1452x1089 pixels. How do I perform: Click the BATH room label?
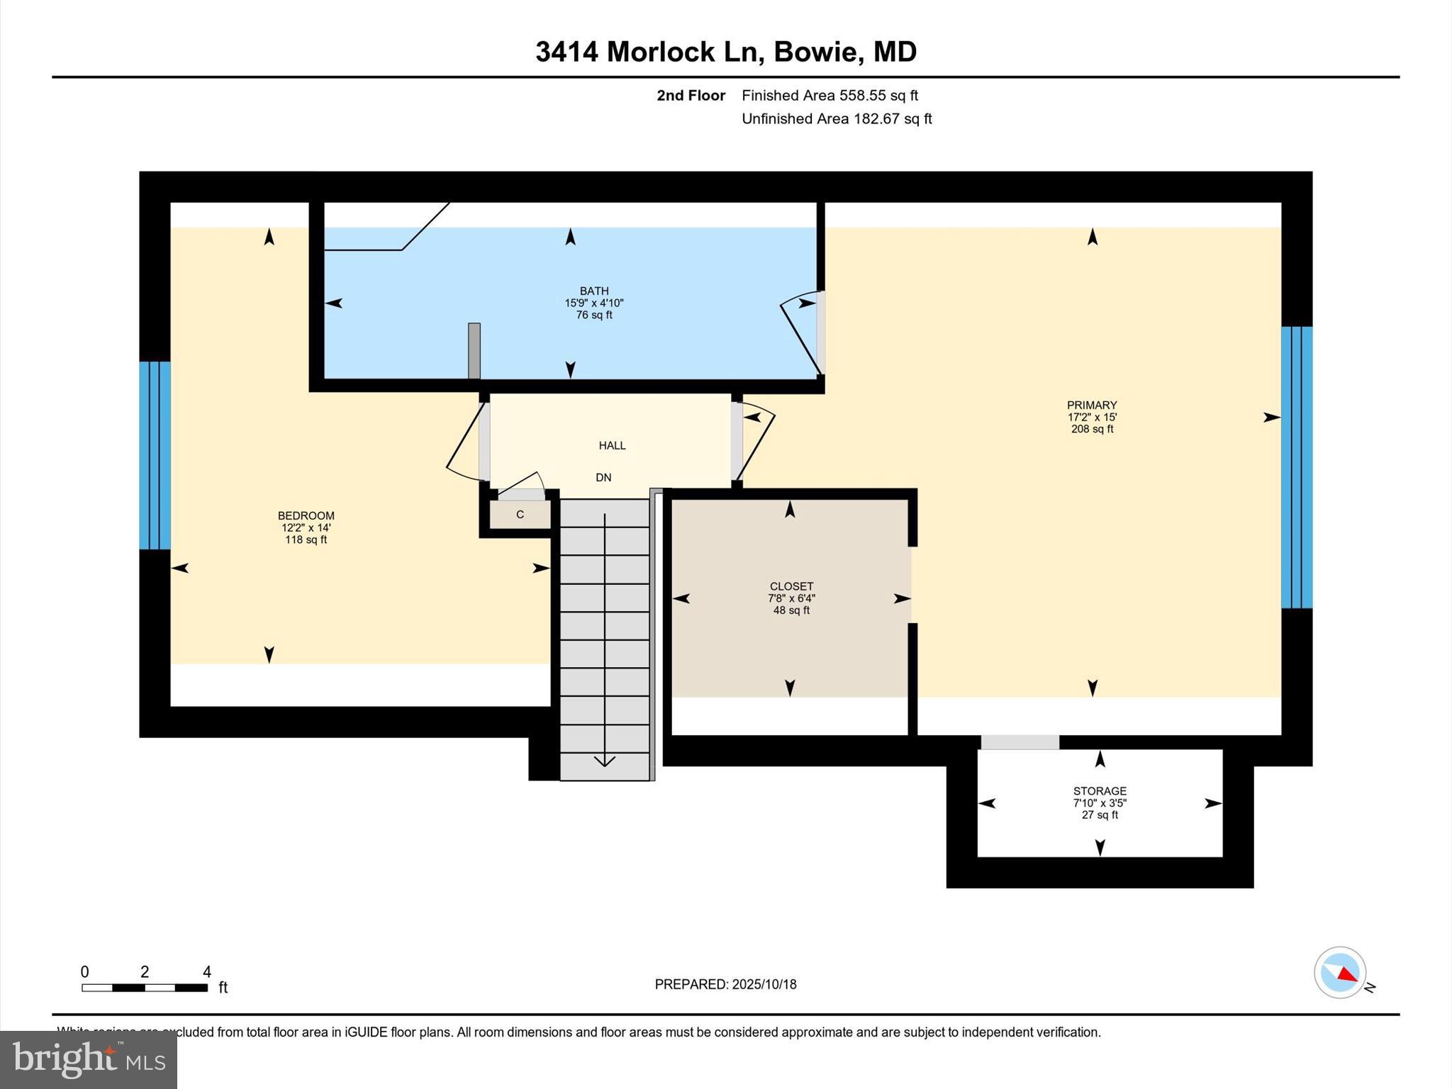pyautogui.click(x=594, y=291)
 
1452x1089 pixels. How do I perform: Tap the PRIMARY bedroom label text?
pyautogui.click(x=1092, y=406)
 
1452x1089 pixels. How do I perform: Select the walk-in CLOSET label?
pyautogui.click(x=791, y=586)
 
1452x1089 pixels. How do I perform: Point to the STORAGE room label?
pyautogui.click(x=1100, y=791)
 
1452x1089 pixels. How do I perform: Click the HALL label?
pyautogui.click(x=612, y=445)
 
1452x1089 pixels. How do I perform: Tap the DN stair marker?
pyautogui.click(x=603, y=478)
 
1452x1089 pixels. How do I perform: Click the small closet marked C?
pyautogui.click(x=520, y=515)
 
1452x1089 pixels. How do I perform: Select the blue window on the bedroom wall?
pyautogui.click(x=155, y=455)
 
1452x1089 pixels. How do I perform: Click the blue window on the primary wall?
pyautogui.click(x=1297, y=467)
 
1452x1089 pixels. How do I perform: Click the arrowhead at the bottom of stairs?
pyautogui.click(x=604, y=761)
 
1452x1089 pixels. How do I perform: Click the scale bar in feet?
pyautogui.click(x=145, y=987)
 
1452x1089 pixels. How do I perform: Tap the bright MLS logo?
pyautogui.click(x=89, y=1059)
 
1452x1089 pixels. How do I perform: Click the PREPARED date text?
pyautogui.click(x=725, y=984)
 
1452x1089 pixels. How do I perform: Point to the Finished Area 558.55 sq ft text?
pyautogui.click(x=830, y=96)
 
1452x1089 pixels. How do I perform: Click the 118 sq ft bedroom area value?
pyautogui.click(x=306, y=540)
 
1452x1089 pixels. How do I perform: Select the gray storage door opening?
pyautogui.click(x=1020, y=742)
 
